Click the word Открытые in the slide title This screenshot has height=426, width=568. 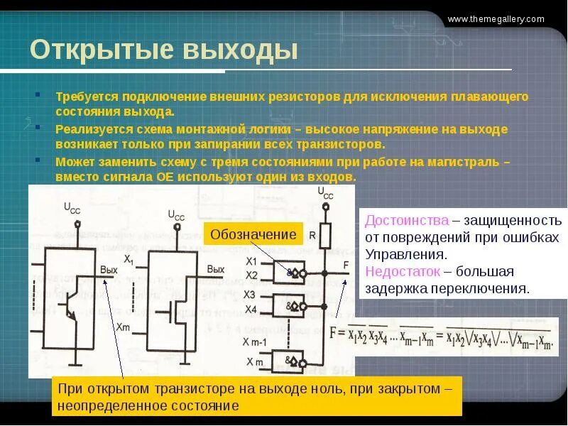point(101,51)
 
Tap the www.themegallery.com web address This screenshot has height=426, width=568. point(506,19)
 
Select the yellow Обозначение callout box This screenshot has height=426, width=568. point(253,234)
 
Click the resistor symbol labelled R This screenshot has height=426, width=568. point(326,234)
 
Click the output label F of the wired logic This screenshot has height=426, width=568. point(346,265)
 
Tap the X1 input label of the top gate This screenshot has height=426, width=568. point(251,261)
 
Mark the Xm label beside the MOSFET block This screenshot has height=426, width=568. point(122,327)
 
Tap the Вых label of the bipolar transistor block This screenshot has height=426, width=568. point(109,270)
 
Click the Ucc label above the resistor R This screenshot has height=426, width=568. point(326,192)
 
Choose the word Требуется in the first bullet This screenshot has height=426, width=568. point(87,97)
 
